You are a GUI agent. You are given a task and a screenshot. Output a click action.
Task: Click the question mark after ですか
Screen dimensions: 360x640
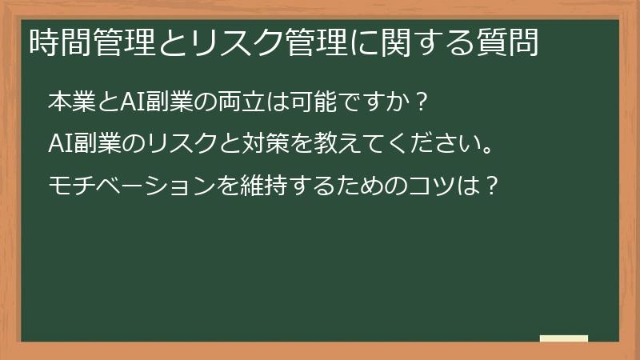[x=422, y=104]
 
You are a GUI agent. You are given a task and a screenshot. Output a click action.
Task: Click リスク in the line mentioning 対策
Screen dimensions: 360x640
[x=182, y=146]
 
